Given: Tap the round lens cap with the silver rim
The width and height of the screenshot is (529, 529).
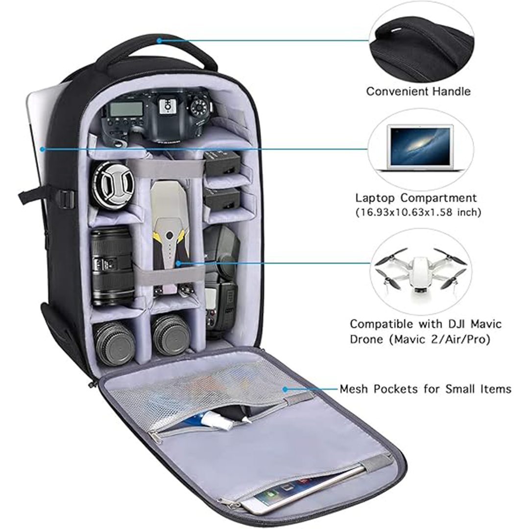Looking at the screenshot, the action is (113, 185).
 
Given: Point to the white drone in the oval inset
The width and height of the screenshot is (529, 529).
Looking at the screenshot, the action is (420, 270).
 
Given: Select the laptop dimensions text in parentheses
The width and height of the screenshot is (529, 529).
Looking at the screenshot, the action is (418, 212).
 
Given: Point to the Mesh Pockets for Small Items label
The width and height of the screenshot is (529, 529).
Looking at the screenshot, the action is (426, 389).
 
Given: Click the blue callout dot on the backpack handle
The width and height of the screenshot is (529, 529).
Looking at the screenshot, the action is (159, 41).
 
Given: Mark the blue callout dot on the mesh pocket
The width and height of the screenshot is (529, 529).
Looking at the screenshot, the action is (286, 389).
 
